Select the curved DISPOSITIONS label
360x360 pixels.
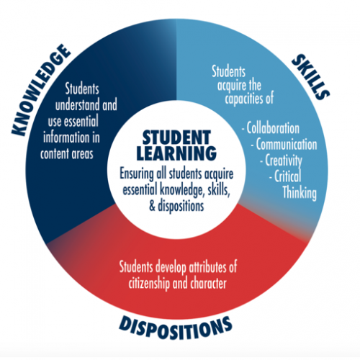coord(176,328)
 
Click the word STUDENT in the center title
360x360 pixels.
coord(176,138)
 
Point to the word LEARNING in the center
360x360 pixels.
coord(176,153)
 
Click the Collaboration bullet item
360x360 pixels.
coord(271,128)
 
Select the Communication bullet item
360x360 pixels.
coord(284,145)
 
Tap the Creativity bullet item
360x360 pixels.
coord(282,161)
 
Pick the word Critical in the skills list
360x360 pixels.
coord(285,176)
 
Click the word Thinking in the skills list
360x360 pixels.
coord(300,193)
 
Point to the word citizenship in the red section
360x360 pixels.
coord(150,284)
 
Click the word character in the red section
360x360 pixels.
coord(208,284)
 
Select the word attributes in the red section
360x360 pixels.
coord(208,267)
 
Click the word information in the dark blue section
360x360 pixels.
coord(66,138)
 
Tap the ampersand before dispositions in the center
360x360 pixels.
coord(152,206)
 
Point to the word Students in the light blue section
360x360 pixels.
coord(228,71)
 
